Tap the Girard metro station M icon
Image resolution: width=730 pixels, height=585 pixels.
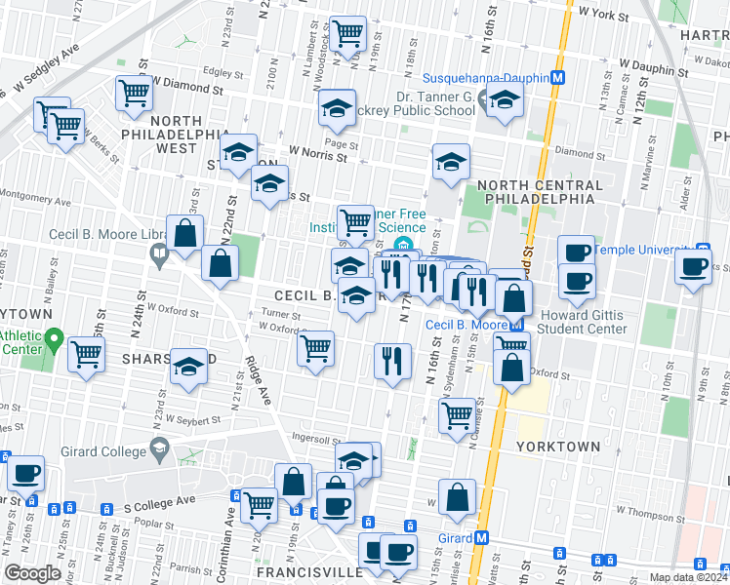(482, 538)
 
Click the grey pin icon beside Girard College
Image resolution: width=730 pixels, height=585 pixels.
(158, 448)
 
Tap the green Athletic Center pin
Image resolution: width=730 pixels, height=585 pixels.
(54, 342)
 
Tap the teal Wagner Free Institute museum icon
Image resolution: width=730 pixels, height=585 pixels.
(401, 244)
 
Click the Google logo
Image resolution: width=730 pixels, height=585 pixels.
(32, 573)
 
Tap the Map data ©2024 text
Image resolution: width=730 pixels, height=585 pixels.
(688, 577)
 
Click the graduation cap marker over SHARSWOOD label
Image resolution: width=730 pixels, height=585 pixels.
(188, 368)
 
